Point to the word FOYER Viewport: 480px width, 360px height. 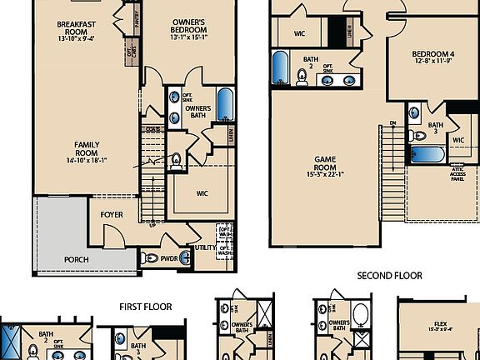(x=112, y=215)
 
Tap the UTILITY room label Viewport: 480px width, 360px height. (x=205, y=247)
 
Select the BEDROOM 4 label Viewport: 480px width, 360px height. (x=433, y=56)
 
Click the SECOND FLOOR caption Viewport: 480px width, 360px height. (x=389, y=276)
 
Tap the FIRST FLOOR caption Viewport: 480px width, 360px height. (x=145, y=307)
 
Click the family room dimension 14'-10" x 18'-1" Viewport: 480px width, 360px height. (x=87, y=161)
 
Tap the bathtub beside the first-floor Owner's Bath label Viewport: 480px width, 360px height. (x=224, y=102)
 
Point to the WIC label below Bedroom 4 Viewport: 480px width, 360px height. (x=457, y=140)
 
